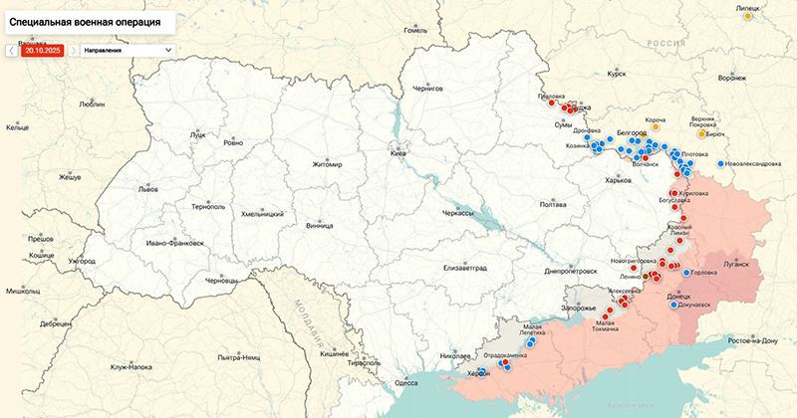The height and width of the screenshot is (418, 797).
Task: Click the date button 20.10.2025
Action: pos(44,49)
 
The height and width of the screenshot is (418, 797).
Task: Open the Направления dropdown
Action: pos(128,49)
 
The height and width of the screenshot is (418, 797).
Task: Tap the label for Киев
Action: pos(398,154)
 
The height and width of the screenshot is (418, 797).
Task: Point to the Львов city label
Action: pos(148,188)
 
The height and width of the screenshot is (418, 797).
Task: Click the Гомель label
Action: pos(414,30)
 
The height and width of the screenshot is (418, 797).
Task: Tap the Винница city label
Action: pos(320,226)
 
